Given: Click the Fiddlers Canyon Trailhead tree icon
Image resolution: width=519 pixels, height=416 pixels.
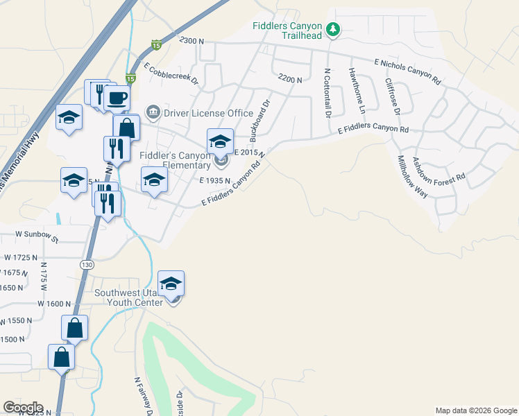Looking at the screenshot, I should pos(334,29).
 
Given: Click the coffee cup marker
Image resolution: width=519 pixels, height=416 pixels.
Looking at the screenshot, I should pos(117,97).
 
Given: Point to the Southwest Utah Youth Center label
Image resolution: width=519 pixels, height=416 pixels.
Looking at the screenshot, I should pos(129,297).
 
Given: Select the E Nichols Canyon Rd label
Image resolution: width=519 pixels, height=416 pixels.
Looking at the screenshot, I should pos(407,72).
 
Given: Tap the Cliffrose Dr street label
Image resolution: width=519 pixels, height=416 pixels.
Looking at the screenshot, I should pos(393,96).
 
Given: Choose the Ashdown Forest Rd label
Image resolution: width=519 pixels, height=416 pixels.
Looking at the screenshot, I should pos(439,169).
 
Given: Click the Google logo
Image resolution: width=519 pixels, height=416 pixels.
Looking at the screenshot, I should pos(23,408).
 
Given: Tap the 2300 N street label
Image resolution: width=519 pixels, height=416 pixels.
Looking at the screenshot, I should pos(192,42).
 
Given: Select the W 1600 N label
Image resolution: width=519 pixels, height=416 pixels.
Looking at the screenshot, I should pos(55,303).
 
